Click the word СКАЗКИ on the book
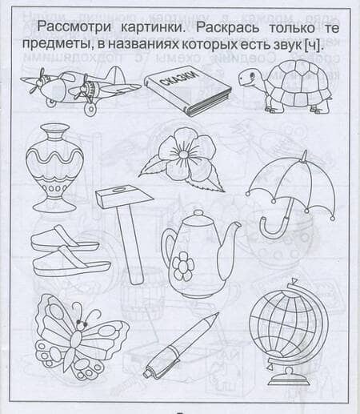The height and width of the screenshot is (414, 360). click(x=181, y=79)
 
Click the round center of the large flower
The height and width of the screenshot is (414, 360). click(x=182, y=154)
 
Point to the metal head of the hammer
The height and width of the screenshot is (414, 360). click(x=124, y=198)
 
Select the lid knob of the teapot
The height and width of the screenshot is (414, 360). click(x=198, y=213)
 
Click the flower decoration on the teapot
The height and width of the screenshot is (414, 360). click(x=183, y=266)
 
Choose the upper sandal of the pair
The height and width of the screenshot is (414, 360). click(x=64, y=238)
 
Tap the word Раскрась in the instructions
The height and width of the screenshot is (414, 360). click(x=227, y=28)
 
